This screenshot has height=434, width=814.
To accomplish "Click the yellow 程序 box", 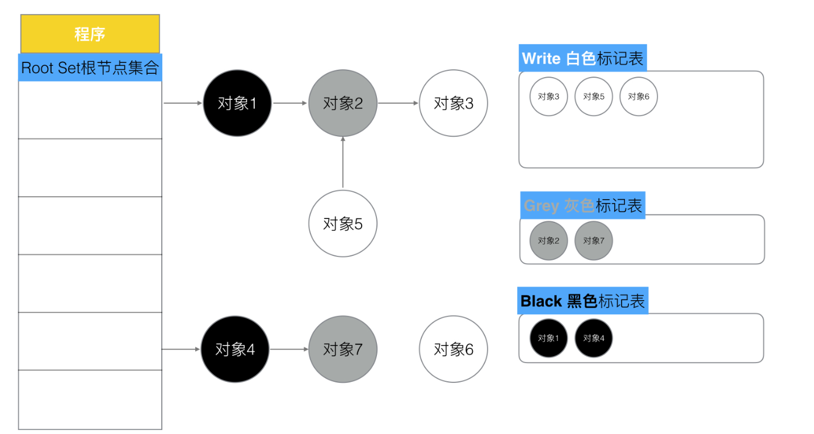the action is [90, 34].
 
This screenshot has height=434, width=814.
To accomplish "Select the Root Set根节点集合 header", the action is [90, 68].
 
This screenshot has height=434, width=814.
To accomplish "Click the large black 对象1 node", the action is [237, 103].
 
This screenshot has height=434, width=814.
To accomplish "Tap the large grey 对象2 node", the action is [343, 103].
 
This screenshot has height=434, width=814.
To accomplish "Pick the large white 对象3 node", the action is [454, 103].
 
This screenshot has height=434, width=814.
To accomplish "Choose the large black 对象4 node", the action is [235, 349].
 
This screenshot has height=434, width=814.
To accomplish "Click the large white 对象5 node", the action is [343, 224].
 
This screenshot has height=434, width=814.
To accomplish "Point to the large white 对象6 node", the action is [454, 349].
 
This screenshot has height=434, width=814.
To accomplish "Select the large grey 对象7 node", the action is [343, 349].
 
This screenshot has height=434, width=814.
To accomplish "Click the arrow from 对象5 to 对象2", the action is [343, 162].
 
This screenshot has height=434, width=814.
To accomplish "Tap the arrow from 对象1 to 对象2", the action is [290, 103].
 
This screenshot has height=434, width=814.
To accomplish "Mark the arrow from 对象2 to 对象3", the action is [398, 103].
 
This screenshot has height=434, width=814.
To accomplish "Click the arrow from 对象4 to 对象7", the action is [289, 349].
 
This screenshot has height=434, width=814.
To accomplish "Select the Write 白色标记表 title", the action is [582, 58].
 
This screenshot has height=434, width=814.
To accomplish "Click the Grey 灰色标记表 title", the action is [582, 205].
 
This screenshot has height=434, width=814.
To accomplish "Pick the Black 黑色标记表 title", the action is [582, 301].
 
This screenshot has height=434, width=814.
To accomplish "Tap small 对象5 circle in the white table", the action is [593, 96].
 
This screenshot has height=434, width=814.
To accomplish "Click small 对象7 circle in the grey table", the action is [593, 241].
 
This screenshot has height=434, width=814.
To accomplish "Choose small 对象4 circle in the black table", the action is [593, 338].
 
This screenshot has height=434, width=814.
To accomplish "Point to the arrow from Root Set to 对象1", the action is [183, 103].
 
